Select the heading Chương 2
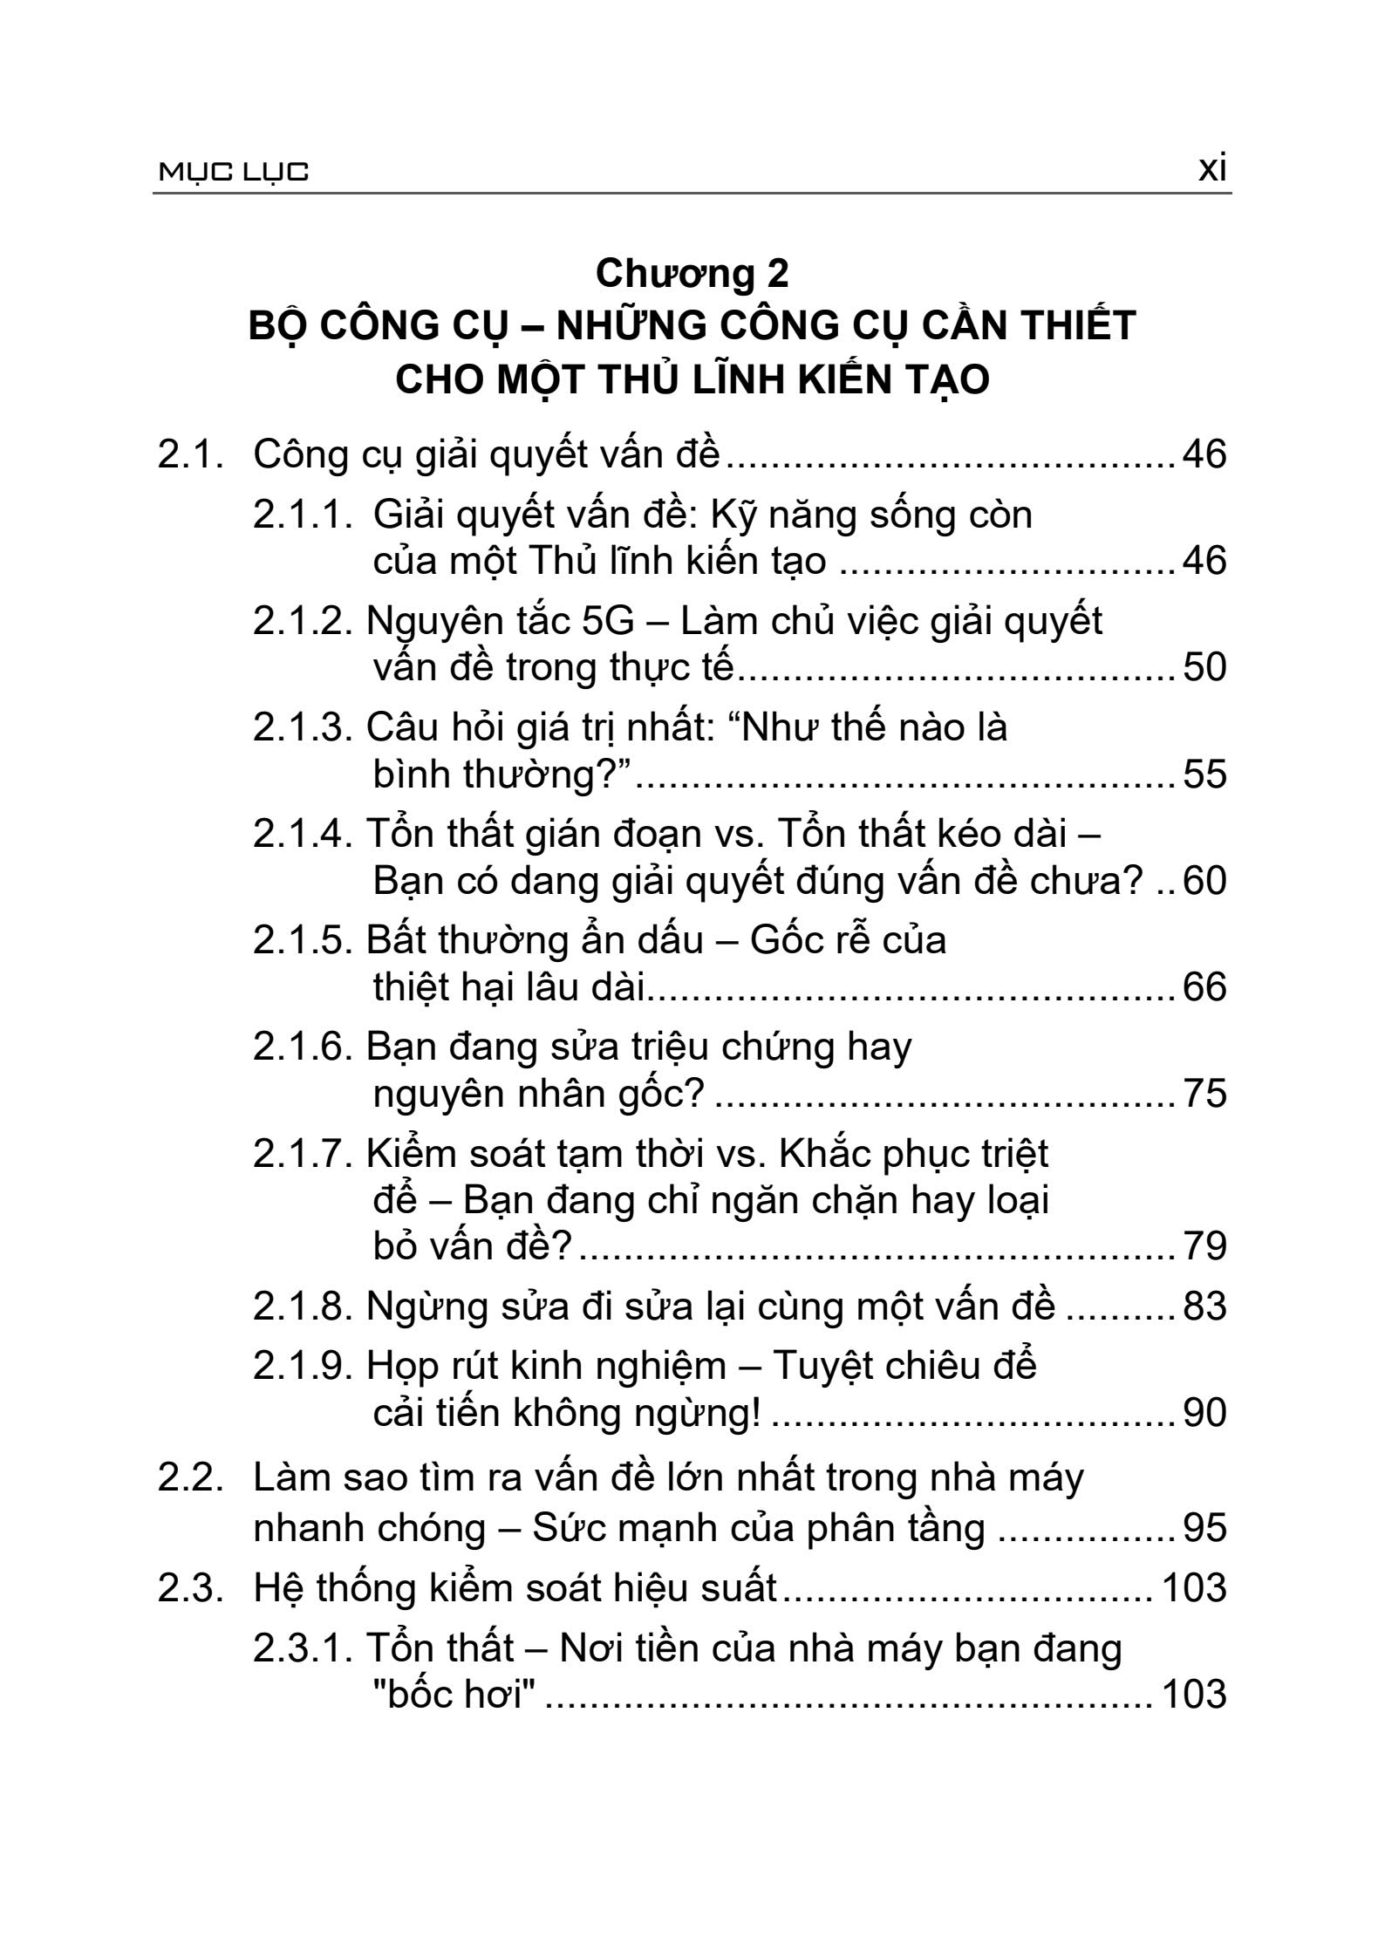pos(692,274)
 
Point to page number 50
pos(1204,668)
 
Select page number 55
pos(1204,774)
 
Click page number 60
pos(1204,882)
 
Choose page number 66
pos(1204,988)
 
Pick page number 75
pos(1204,1095)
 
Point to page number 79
pos(1204,1246)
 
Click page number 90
pos(1204,1414)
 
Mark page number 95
pos(1204,1527)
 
